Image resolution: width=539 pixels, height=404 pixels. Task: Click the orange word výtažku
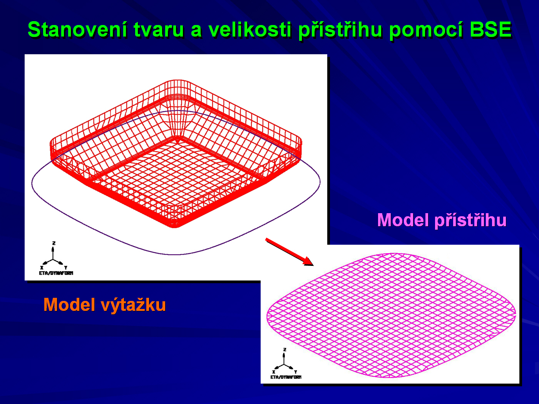(x=133, y=305)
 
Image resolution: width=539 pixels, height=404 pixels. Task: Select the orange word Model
(x=69, y=304)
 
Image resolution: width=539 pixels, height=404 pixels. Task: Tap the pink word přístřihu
(x=470, y=220)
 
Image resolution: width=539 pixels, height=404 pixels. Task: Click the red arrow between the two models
(x=290, y=252)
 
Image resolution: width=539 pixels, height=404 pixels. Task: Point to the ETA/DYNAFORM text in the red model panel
(x=56, y=273)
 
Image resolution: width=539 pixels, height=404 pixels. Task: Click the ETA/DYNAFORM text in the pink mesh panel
(x=286, y=377)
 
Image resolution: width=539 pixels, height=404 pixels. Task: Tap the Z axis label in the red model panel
(x=54, y=243)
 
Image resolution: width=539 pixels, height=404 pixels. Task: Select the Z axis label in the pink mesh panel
(x=285, y=349)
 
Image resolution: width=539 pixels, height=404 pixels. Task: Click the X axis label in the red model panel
(x=42, y=268)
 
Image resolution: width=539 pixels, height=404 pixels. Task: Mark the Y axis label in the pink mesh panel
(x=296, y=372)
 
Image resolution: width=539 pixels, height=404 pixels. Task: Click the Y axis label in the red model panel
(x=65, y=268)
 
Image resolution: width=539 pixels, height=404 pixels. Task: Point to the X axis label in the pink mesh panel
(x=274, y=372)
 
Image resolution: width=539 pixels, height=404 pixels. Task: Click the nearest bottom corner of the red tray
(x=174, y=227)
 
